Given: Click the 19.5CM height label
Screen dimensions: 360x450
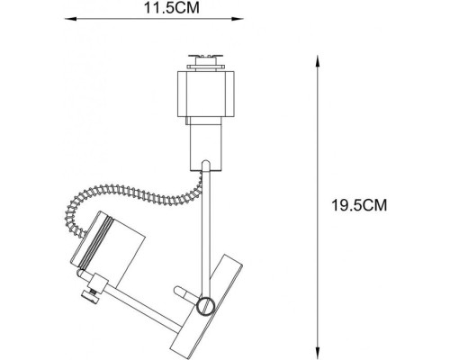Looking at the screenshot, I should click(357, 204).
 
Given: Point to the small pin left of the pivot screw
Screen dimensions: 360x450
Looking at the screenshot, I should click(184, 294).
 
